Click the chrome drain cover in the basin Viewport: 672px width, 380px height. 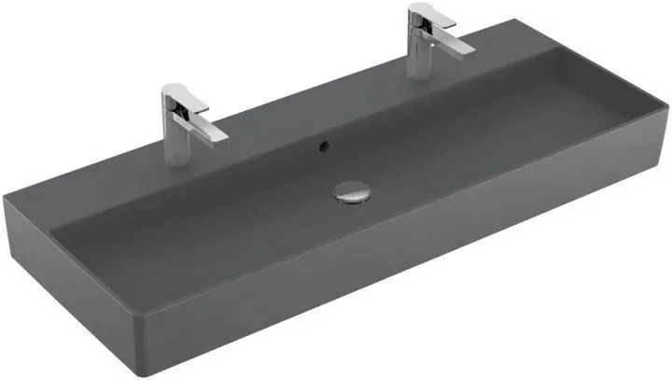tap(351, 192)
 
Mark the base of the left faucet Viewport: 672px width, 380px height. tap(175, 136)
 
